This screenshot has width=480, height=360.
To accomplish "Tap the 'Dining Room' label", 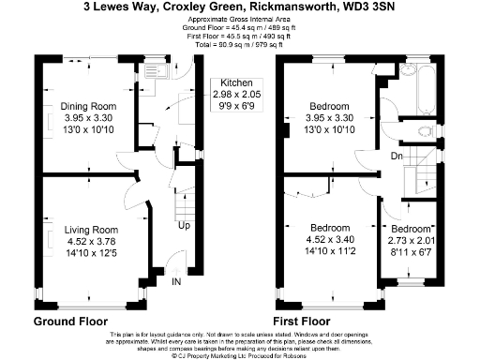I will click(91, 106).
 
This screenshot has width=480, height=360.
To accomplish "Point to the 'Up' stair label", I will click(186, 225).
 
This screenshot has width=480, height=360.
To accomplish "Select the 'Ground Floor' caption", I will click(71, 321).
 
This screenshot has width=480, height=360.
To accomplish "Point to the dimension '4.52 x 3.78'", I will click(91, 240).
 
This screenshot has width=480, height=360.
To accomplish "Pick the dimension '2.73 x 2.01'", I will click(411, 240).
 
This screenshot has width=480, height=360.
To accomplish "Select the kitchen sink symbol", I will click(152, 71).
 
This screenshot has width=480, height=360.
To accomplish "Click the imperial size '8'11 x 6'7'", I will click(411, 251).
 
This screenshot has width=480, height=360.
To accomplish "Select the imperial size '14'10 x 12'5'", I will click(91, 251).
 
